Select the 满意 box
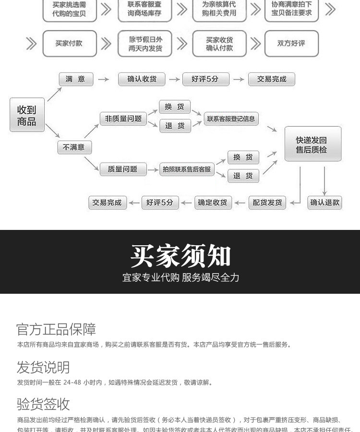(x=75, y=79)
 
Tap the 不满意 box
(x=74, y=147)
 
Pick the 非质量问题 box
(x=123, y=119)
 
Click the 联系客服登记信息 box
(x=231, y=119)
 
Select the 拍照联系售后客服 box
(x=187, y=169)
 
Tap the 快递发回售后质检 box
(x=313, y=144)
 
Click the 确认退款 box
(x=325, y=203)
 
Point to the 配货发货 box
(x=267, y=203)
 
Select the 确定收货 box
(x=213, y=203)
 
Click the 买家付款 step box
(x=69, y=44)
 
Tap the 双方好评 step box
(x=291, y=44)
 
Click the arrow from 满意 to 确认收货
(x=103, y=79)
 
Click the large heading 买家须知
(x=180, y=255)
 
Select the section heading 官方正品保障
(x=56, y=329)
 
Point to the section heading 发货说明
(x=43, y=367)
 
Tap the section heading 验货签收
(x=43, y=404)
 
